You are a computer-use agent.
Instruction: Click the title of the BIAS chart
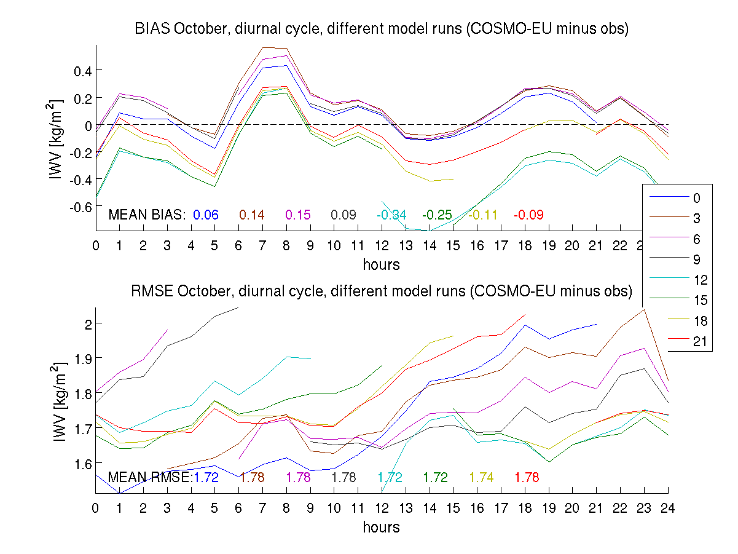tap(381, 30)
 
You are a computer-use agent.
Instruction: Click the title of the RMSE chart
tap(381, 291)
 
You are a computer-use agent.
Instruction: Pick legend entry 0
tap(696, 198)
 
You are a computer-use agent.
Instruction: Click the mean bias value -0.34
tap(391, 215)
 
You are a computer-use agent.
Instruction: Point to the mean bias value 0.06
tap(206, 215)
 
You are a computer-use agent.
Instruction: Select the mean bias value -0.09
tap(528, 215)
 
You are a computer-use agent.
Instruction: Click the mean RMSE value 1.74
tap(481, 477)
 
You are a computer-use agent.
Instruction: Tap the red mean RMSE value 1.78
tap(527, 477)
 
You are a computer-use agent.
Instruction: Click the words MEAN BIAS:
tap(147, 215)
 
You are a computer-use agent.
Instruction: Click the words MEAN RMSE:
tap(150, 477)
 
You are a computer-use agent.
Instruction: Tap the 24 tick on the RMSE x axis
tap(668, 507)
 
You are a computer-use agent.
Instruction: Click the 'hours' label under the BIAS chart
tap(381, 265)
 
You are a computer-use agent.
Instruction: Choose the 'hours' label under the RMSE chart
tap(381, 527)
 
